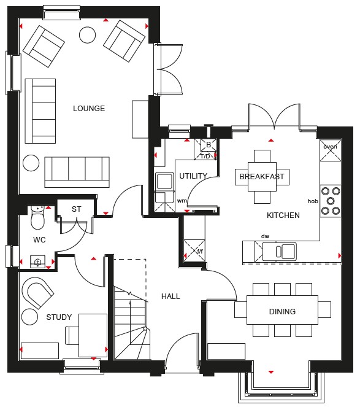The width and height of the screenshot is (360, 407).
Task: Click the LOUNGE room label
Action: pyautogui.click(x=89, y=108)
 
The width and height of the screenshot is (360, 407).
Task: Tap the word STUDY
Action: pyautogui.click(x=59, y=317)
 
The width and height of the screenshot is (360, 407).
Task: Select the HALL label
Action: pyautogui.click(x=170, y=296)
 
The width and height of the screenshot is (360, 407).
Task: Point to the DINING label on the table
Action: pyautogui.click(x=282, y=311)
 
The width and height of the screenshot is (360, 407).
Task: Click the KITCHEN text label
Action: pyautogui.click(x=283, y=215)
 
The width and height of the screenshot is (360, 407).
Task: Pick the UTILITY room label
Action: pyautogui.click(x=193, y=176)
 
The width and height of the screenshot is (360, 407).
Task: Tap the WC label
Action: pyautogui.click(x=39, y=239)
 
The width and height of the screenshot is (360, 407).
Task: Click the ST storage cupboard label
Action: pyautogui.click(x=76, y=209)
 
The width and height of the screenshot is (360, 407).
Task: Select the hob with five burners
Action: pyautogui.click(x=331, y=201)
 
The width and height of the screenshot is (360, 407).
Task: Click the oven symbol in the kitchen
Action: pyautogui.click(x=330, y=150)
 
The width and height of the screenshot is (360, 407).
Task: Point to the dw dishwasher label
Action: pyautogui.click(x=265, y=236)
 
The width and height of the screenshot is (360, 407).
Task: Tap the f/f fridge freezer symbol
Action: pyautogui.click(x=194, y=250)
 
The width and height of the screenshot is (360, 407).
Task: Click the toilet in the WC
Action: pyautogui.click(x=37, y=217)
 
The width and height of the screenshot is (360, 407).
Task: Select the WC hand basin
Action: pyautogui.click(x=38, y=262)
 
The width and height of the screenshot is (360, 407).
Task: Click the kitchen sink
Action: pyautogui.click(x=279, y=251)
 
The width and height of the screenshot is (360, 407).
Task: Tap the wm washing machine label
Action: pyautogui.click(x=182, y=201)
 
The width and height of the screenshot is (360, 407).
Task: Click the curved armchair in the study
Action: pyautogui.click(x=37, y=293)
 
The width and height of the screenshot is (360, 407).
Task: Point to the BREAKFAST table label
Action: pyautogui.click(x=262, y=177)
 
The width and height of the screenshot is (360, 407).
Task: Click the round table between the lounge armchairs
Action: pyautogui.click(x=88, y=35)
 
